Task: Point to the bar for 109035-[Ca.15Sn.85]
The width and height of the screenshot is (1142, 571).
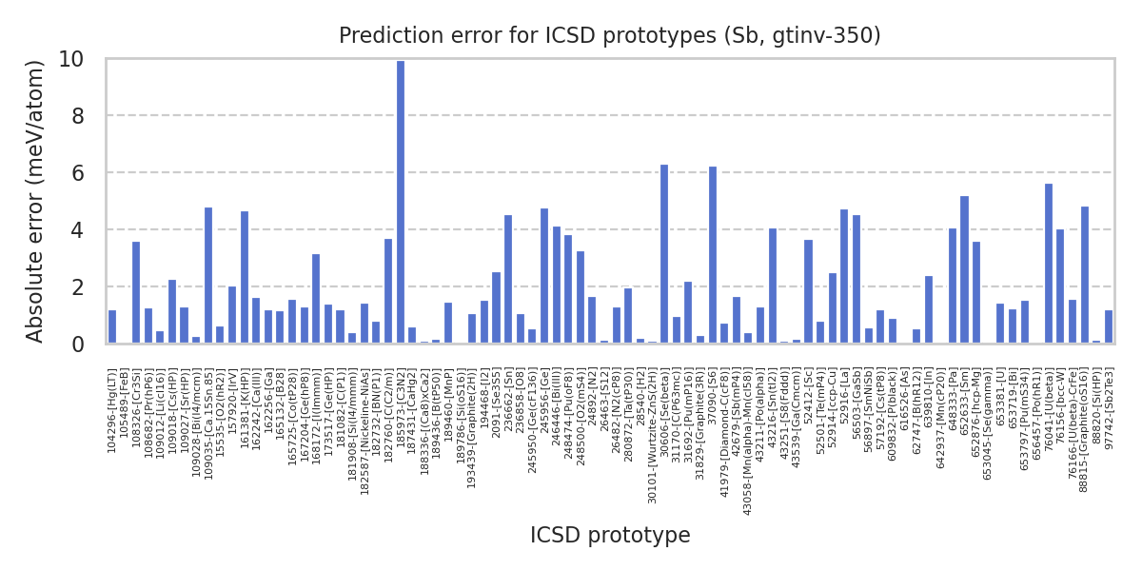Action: pos(208,275)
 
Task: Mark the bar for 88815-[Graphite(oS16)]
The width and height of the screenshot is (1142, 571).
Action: pos(1084,275)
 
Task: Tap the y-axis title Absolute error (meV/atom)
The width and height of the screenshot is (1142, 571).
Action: pos(36,201)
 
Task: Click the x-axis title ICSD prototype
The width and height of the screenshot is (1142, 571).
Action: pos(610,536)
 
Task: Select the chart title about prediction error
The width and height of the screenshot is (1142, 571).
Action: pos(610,36)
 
